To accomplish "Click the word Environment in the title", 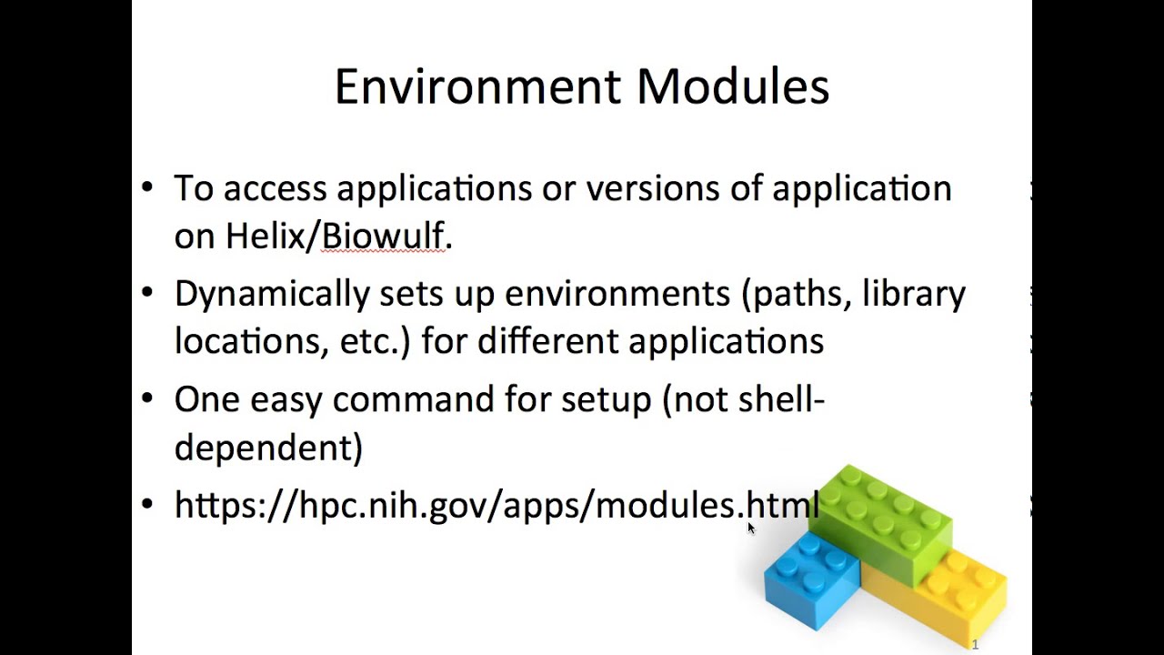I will pyautogui.click(x=478, y=87).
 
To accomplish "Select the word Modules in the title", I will pyautogui.click(x=732, y=87).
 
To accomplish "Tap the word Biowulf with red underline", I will pyautogui.click(x=383, y=237).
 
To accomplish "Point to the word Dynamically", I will pyautogui.click(x=271, y=295).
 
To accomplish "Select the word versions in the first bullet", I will pyautogui.click(x=649, y=188).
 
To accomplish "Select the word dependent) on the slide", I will pyautogui.click(x=268, y=448).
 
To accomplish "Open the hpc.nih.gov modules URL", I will pyautogui.click(x=496, y=505).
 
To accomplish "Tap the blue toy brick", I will pyautogui.click(x=810, y=579).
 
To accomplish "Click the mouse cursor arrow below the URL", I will pyautogui.click(x=751, y=529).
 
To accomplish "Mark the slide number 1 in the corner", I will pyautogui.click(x=975, y=645).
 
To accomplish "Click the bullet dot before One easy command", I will pyautogui.click(x=148, y=400).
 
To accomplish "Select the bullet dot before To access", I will pyautogui.click(x=148, y=188).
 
